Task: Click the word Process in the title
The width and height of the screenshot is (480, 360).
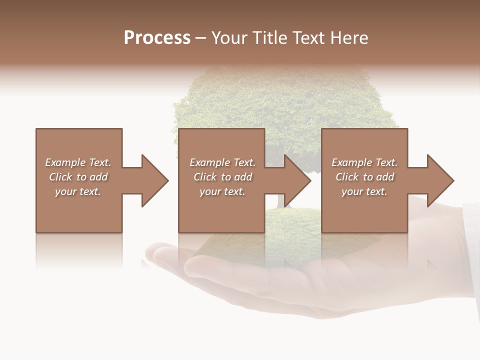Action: [157, 38]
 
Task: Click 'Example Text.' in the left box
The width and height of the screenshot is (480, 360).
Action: [78, 162]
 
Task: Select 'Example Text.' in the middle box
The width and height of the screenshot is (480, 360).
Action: [222, 162]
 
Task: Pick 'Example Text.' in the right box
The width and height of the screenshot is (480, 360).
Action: [364, 162]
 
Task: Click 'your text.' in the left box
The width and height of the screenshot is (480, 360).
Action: [78, 191]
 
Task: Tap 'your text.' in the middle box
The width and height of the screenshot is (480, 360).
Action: [222, 191]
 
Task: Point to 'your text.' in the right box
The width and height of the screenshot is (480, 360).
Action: [364, 191]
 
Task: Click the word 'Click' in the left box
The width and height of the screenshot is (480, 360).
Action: [60, 177]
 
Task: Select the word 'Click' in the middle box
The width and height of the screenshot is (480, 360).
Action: [205, 177]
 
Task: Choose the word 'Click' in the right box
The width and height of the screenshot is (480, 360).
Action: [347, 177]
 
